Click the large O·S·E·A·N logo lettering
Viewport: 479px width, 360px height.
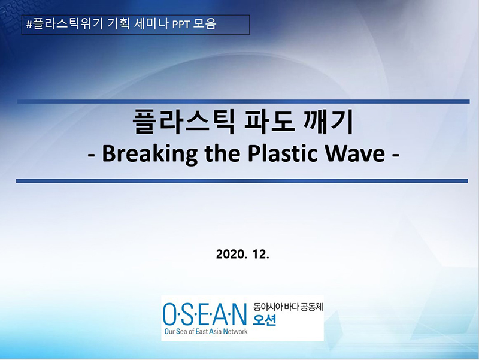204,313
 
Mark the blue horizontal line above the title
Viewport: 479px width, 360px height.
242,101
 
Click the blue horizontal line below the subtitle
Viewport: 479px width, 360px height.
242,180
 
